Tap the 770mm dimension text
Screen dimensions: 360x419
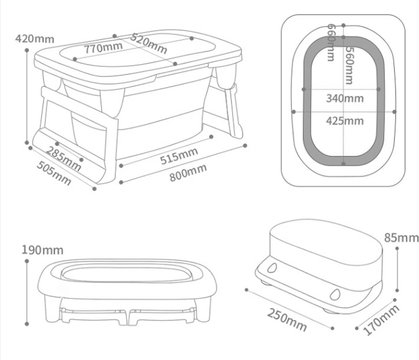coord(103,47)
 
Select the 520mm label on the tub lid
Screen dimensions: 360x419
coord(149,43)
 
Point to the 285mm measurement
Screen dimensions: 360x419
coord(64,159)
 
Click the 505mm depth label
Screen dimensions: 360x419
coord(54,173)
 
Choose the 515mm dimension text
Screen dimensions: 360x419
coord(179,156)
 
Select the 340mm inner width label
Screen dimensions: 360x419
coord(345,98)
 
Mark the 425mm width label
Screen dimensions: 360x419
coord(345,121)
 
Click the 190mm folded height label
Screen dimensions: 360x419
coord(43,250)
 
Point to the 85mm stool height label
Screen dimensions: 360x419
coord(401,237)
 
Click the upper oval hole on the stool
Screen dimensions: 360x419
coord(272,268)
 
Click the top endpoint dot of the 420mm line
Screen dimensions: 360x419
coord(27,50)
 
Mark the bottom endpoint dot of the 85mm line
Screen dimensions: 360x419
coord(397,289)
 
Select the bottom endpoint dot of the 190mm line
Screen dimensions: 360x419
coord(27,324)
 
